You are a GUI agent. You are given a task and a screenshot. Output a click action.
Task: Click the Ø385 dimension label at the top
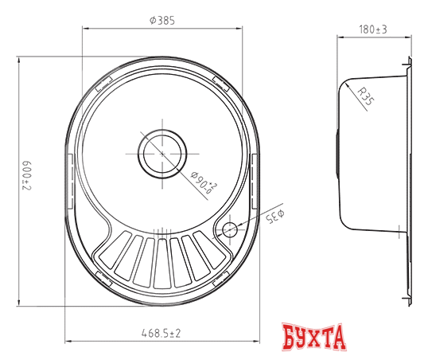point(162,20)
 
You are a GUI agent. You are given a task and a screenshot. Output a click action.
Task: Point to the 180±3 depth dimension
point(372,29)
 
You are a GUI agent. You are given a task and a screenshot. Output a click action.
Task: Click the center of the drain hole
point(162,151)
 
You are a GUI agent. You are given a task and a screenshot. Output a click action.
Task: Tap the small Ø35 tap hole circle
point(229,230)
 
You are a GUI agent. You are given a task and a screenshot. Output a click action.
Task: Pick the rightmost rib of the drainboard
point(203,255)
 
